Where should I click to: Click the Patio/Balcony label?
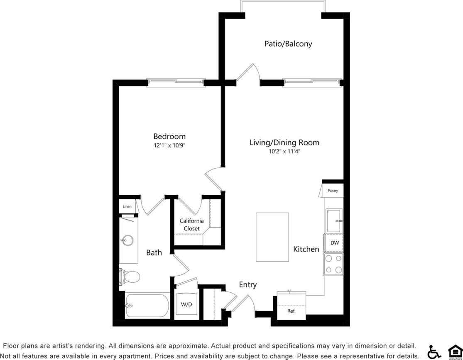[x=288, y=44]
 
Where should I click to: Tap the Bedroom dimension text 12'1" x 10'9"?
[x=169, y=145]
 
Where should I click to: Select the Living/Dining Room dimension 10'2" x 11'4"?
[x=284, y=152]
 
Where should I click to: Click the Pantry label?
[x=333, y=191]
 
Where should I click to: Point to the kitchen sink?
[x=334, y=221]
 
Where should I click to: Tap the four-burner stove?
[x=334, y=264]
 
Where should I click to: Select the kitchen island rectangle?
[x=272, y=237]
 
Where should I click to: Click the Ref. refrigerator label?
[x=292, y=311]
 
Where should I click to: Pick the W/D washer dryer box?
[x=186, y=305]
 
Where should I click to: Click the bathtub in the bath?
[x=147, y=306]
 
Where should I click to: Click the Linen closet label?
[x=127, y=206]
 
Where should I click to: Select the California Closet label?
[x=191, y=225]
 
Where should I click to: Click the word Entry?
[x=247, y=285]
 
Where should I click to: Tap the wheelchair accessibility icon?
[x=434, y=352]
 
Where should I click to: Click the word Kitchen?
[x=306, y=249]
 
